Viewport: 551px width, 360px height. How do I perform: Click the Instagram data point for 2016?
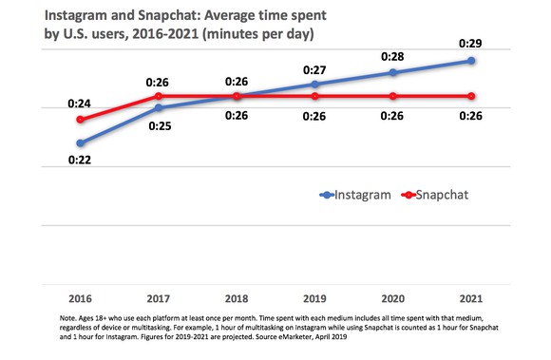point(82,143)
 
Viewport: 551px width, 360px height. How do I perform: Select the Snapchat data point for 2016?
point(82,120)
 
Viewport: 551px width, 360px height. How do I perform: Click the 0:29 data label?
point(471,43)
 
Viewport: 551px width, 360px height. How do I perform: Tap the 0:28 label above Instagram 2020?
point(393,56)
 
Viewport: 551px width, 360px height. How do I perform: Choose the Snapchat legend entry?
point(435,195)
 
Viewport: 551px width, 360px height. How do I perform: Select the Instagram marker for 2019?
point(315,85)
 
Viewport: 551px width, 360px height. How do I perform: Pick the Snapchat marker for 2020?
point(393,96)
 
